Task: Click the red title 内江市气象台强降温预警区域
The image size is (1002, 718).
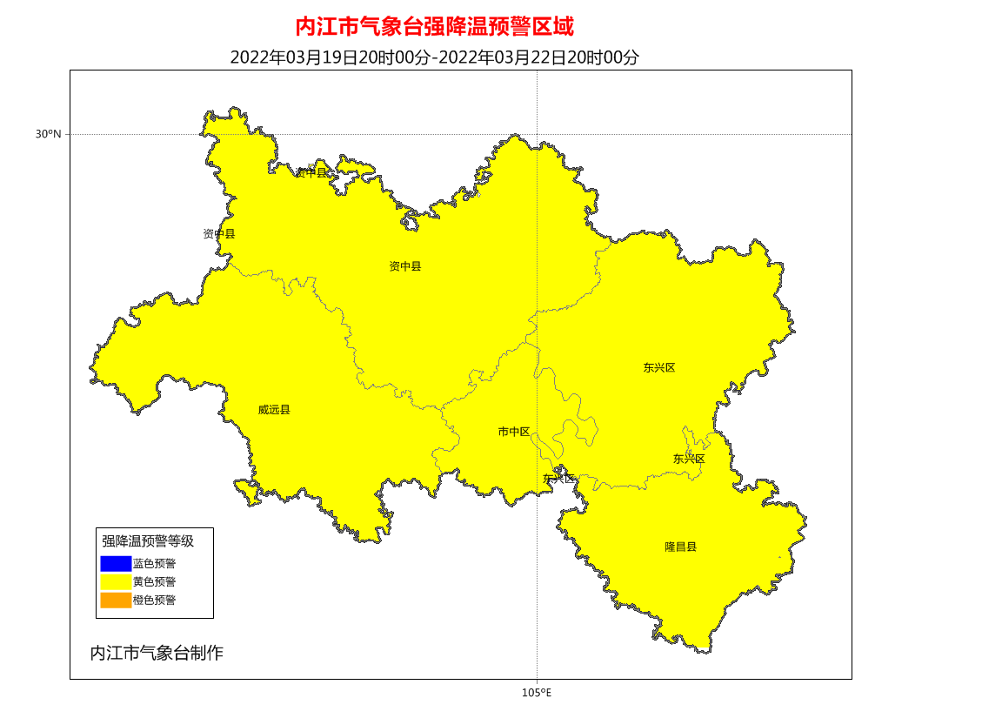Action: point(435,26)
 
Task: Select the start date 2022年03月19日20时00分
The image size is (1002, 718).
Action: point(330,57)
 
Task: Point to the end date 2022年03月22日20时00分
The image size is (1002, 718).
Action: point(538,57)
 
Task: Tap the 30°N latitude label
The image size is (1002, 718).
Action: point(49,134)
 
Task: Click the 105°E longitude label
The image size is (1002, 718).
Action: point(537,693)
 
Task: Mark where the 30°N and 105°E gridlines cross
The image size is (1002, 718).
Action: point(537,134)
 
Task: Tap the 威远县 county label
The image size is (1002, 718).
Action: point(274,410)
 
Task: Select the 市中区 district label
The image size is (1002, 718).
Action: point(514,432)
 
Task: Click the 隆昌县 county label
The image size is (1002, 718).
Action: point(681,547)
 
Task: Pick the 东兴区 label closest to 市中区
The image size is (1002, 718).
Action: point(558,479)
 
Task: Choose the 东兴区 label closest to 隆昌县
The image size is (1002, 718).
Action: point(689,459)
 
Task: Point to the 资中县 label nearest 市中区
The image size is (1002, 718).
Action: point(405,266)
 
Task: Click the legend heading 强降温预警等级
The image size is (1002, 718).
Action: point(148,541)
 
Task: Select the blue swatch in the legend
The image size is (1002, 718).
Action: point(116,564)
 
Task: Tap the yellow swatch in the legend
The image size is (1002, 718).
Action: point(116,581)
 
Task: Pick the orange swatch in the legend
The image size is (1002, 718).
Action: point(116,600)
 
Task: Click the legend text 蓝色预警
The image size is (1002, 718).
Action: point(154,564)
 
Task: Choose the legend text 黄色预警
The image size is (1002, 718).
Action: point(154,581)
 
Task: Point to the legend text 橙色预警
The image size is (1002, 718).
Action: point(154,601)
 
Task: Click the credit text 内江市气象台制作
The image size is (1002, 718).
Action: point(157,653)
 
